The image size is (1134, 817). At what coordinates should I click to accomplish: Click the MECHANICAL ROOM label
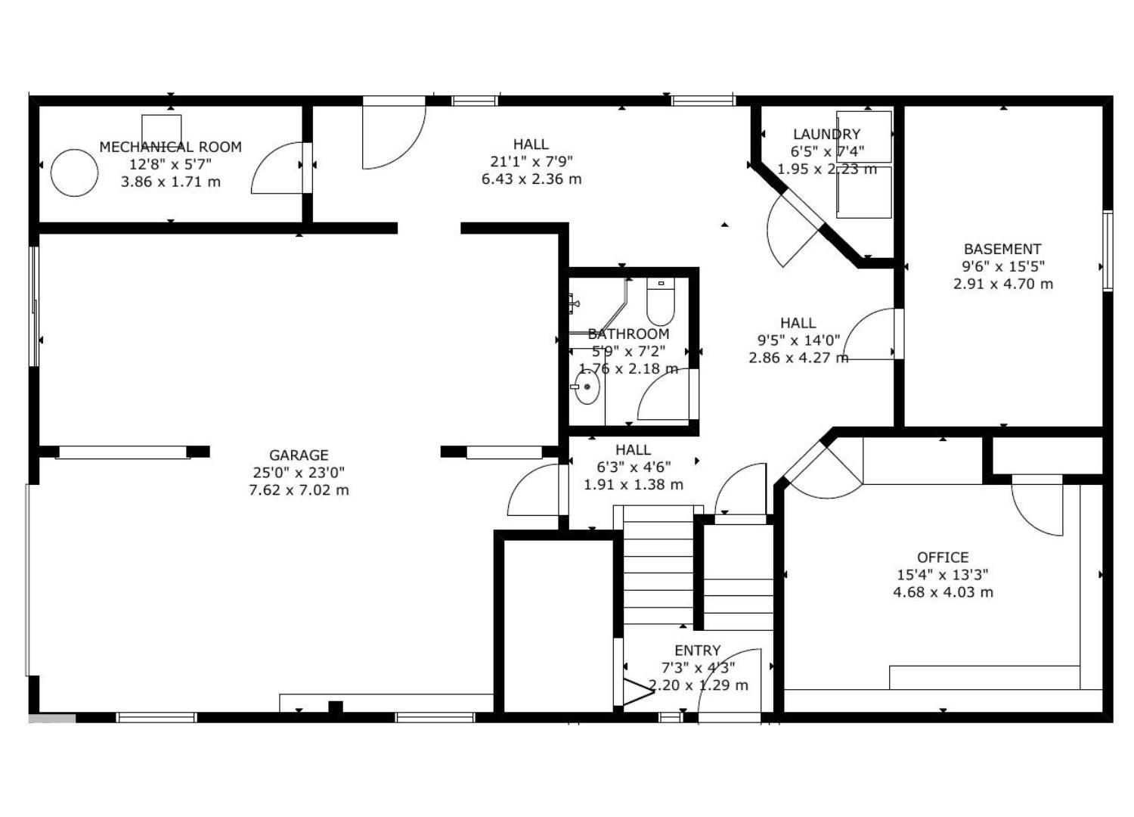[170, 147]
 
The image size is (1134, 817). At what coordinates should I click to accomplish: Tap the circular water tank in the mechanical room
[74, 173]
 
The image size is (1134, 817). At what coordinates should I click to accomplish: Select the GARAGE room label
[299, 455]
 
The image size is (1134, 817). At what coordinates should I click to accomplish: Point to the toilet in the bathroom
[660, 303]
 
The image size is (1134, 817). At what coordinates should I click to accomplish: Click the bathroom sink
[587, 388]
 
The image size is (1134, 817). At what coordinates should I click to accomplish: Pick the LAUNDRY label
[826, 134]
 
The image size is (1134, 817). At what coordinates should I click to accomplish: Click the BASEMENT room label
[1002, 249]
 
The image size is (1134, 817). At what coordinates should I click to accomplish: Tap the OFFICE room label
[943, 558]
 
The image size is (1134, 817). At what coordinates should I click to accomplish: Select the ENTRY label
[697, 651]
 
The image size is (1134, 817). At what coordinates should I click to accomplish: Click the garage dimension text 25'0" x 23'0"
[299, 473]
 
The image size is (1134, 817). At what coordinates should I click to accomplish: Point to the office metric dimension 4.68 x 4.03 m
[943, 592]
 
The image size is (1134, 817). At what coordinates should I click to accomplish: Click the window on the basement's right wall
[1108, 250]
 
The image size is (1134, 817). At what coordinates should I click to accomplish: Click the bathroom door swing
[663, 396]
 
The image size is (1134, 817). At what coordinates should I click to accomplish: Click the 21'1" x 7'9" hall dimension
[531, 161]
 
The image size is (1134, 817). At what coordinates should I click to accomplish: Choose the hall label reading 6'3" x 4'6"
[633, 467]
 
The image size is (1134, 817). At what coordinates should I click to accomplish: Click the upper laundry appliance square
[864, 136]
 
